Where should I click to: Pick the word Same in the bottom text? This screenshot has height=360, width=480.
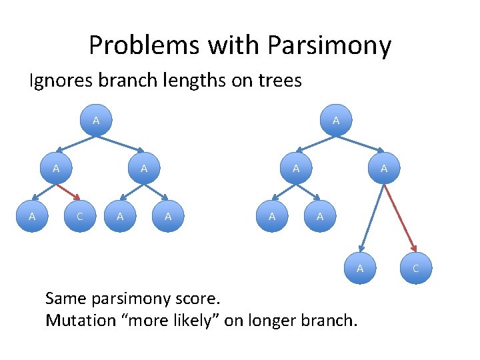click(65, 297)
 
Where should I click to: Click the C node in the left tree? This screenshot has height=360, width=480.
click(80, 216)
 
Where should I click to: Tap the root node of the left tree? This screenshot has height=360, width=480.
click(96, 121)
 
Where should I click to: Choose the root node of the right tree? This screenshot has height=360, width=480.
click(336, 121)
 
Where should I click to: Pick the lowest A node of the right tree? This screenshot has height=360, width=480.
click(360, 268)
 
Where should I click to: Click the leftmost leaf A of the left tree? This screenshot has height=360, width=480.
click(32, 216)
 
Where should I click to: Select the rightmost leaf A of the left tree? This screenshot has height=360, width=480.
click(168, 216)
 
